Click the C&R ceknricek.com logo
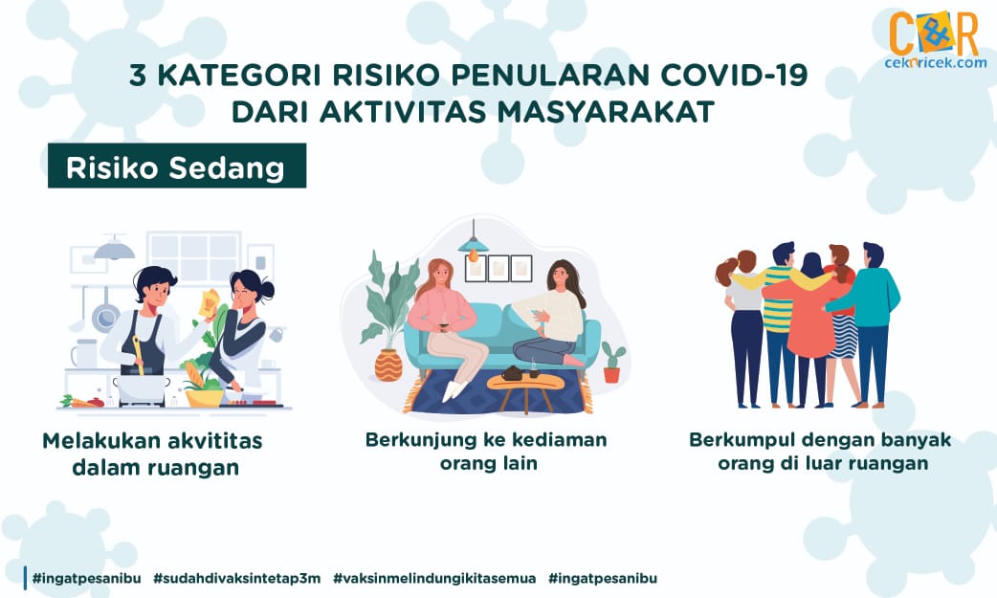point(935,39)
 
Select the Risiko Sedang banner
point(177,166)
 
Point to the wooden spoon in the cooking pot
point(138,356)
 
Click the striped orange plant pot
point(388,365)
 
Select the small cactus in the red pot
point(612,362)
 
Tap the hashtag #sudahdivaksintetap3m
point(236,578)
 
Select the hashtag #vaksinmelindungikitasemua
point(434,578)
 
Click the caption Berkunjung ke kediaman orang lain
point(486,451)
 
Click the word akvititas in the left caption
point(215,441)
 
